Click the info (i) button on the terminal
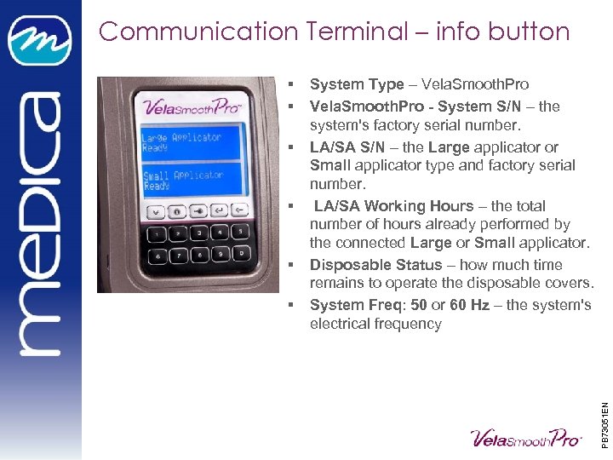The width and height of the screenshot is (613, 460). (x=176, y=210)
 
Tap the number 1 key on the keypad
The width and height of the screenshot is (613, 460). (x=157, y=233)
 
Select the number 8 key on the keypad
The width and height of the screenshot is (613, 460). (x=199, y=254)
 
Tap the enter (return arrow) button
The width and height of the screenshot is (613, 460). (x=220, y=210)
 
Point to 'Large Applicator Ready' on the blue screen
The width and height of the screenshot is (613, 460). (x=180, y=142)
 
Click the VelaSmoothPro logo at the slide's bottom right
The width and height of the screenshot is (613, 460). (x=526, y=437)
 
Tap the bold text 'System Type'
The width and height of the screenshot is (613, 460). (x=357, y=84)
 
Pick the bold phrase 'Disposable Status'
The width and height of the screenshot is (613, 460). (x=375, y=265)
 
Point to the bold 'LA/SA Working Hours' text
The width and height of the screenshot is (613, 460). (x=393, y=206)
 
